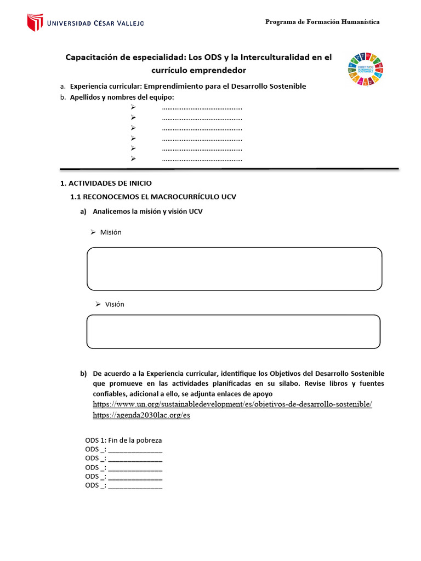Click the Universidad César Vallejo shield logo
tap(35, 22)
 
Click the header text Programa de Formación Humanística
tap(322, 22)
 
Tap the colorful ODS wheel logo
tap(365, 68)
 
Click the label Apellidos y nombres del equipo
tap(121, 97)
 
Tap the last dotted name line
tap(202, 159)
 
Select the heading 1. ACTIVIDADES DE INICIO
tap(105, 183)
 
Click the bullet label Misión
tap(111, 232)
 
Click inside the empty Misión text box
tap(234, 268)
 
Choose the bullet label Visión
tap(115, 304)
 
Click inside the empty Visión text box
tap(233, 331)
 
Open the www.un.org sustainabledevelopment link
tap(232, 404)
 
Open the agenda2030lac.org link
tap(141, 415)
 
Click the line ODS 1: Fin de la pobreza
tap(123, 440)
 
